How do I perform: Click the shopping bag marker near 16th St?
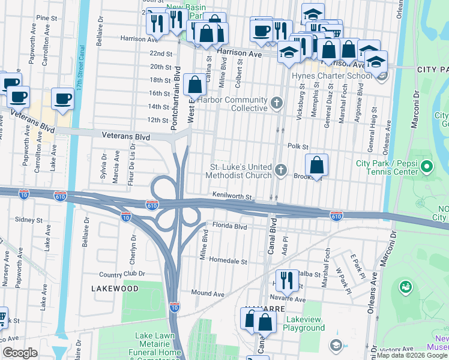point(195,86)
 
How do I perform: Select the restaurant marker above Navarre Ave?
point(287,280)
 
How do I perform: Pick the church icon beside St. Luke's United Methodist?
point(280,171)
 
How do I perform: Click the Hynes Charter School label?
point(331,76)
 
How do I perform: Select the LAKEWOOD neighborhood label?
point(115,289)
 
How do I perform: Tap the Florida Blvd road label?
point(231,227)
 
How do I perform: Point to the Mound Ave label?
point(208,294)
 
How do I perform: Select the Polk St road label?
point(297,146)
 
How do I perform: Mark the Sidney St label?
point(27,220)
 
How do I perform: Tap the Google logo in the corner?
point(20,353)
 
